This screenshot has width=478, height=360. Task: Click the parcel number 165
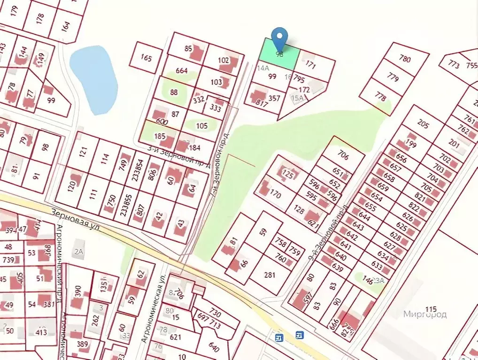pos(146,58)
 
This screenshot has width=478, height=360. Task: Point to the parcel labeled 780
pos(405,59)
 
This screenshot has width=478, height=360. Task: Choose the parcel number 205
pos(423,124)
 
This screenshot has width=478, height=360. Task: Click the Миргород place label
pos(425,314)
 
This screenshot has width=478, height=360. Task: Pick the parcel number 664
pos(182,71)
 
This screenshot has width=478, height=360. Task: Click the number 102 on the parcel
pos(224,60)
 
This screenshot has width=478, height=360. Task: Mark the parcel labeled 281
pos(270,275)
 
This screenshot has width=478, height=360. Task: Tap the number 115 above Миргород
pos(430,308)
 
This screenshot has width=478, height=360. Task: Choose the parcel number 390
pos(77,291)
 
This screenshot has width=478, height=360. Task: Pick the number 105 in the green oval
pos(201,125)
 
